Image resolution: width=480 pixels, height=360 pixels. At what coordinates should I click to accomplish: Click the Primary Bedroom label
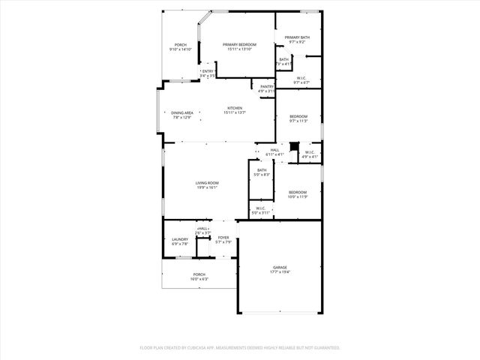click(x=239, y=45)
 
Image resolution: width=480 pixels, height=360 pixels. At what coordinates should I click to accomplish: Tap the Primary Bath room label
click(x=297, y=38)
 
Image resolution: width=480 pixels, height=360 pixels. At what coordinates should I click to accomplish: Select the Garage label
click(x=280, y=267)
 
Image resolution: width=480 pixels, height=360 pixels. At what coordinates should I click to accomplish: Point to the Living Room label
click(x=207, y=183)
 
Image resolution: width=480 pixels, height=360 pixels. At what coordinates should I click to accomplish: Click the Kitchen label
click(x=235, y=108)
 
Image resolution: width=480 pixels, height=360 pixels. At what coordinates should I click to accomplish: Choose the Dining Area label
click(x=182, y=112)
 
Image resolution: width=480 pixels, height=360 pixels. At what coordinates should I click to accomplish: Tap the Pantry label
click(x=267, y=86)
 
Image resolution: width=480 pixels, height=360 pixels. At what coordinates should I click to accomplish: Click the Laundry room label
click(x=179, y=239)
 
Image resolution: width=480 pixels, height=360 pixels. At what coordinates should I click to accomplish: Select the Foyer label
click(x=223, y=238)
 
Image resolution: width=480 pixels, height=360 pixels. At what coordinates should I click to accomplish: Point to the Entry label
click(x=208, y=71)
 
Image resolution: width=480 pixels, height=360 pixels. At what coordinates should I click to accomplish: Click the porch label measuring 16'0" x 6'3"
click(x=199, y=274)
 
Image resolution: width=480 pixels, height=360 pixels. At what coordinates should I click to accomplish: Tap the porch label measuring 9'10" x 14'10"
click(x=181, y=45)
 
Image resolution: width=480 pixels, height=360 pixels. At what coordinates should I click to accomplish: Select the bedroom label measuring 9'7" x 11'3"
click(x=298, y=116)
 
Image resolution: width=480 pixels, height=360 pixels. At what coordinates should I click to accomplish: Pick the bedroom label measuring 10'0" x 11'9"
click(x=298, y=193)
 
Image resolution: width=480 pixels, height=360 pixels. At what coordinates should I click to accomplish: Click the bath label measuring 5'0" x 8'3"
click(x=261, y=170)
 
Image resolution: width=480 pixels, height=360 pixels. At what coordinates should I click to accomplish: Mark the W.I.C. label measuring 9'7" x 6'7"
click(x=300, y=78)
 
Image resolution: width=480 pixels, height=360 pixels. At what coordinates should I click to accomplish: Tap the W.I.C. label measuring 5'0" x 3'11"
click(x=260, y=208)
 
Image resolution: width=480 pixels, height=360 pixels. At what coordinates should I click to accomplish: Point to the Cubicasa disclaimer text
click(x=240, y=347)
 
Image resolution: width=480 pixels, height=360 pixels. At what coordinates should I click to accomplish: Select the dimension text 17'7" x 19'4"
click(x=280, y=271)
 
